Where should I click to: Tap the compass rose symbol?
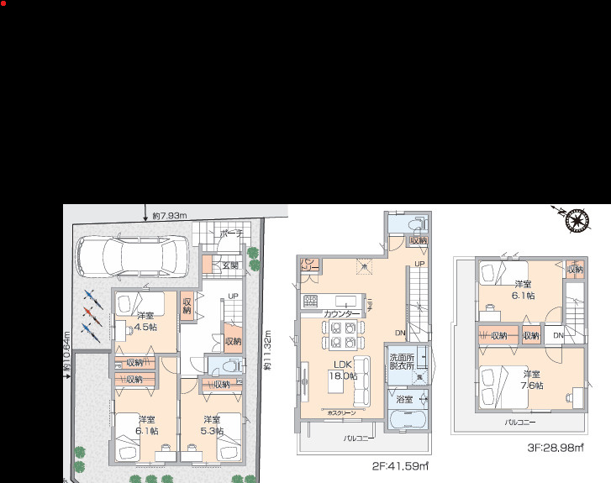[577, 222]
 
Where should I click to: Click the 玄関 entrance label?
[230, 265]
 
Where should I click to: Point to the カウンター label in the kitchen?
[342, 313]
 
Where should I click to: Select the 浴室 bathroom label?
[404, 398]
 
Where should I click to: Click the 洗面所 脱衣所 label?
[401, 364]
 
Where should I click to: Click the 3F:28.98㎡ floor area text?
[556, 449]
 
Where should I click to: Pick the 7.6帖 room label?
[530, 380]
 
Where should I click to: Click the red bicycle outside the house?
[92, 314]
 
